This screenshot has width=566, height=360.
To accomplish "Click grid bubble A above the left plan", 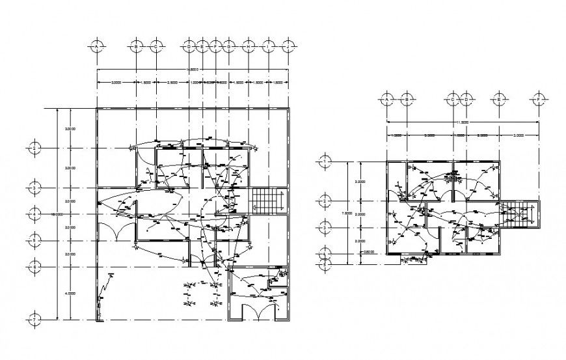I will point(97,47).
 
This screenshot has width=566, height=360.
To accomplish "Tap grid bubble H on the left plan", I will point(248,47).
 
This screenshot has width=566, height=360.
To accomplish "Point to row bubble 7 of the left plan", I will point(36,320).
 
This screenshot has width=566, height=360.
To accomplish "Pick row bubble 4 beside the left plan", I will point(36,214).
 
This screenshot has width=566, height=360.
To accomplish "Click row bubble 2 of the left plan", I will point(36,148).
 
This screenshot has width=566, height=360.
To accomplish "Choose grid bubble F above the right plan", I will point(538,100).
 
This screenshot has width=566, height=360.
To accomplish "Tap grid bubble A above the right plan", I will point(387,100).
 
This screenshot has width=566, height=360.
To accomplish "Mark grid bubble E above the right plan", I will point(499,100).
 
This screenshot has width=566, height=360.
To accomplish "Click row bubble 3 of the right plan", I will point(324,227).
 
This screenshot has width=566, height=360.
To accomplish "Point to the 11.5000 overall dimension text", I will point(463,122).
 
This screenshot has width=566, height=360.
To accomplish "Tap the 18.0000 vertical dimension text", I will point(57,214).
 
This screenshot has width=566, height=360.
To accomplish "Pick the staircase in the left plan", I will point(264,200).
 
